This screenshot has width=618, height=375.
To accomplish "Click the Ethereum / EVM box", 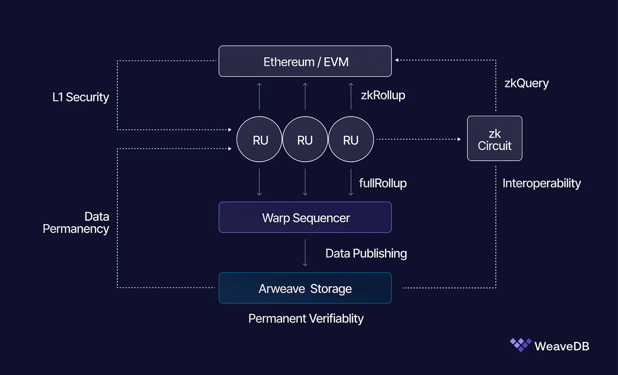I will [x=305, y=62].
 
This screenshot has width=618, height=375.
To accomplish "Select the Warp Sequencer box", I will [x=305, y=217].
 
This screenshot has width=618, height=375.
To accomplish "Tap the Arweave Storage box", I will [x=305, y=288].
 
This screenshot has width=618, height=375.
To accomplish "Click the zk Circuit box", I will [x=494, y=139].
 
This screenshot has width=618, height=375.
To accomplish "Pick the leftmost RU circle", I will [x=260, y=140].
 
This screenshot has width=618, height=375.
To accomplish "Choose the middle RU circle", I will [x=305, y=140].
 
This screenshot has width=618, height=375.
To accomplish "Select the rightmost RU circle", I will [x=351, y=140].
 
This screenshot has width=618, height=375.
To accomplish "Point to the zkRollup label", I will [x=383, y=95].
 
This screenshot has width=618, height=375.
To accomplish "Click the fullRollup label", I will [x=383, y=183].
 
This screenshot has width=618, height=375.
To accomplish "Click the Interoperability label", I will [x=541, y=183].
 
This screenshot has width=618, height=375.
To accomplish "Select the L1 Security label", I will [x=81, y=97].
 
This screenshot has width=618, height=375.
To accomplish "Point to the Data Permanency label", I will [x=76, y=223].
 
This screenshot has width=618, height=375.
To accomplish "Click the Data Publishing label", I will [x=366, y=253].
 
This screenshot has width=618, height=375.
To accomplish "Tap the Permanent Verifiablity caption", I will [x=306, y=318].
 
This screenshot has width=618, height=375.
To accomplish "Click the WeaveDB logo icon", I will [x=520, y=345].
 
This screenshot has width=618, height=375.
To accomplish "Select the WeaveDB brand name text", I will [x=562, y=346].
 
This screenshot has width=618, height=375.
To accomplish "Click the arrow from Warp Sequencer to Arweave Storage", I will [x=305, y=253].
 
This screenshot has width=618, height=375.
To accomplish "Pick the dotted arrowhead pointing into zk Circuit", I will [x=458, y=139].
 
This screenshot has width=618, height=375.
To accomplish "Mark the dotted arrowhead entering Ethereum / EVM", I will [x=396, y=59].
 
